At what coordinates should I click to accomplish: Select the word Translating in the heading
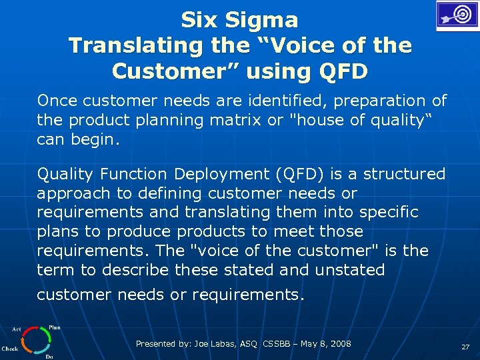pos(126,46)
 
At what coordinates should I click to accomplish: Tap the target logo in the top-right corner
pos(457,15)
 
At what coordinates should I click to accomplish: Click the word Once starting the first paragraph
pos(57,101)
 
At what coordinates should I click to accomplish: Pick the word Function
pos(135,174)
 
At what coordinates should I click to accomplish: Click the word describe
pos(137,270)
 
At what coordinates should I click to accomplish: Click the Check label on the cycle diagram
pos(10,348)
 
